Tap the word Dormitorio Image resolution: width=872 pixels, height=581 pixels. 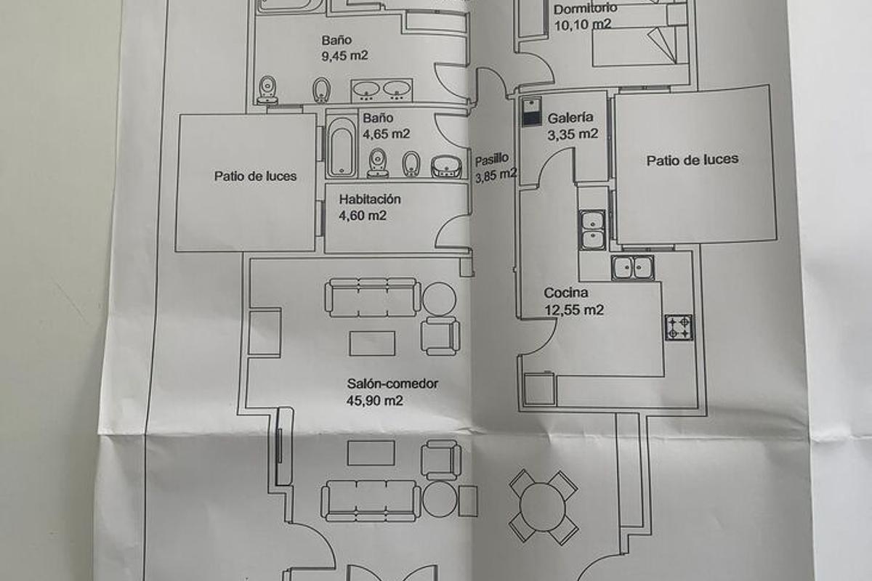coord(586,9)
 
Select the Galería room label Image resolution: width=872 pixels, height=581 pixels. coord(571,118)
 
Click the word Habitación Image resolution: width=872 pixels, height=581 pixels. coord(369,199)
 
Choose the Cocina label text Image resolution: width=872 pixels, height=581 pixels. coord(566,293)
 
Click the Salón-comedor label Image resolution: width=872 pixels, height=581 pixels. coord(392,383)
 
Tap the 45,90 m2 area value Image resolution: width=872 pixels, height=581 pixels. coord(376,400)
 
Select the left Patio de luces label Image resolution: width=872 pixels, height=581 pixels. coord(255,176)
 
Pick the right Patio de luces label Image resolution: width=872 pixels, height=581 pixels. coord(692,160)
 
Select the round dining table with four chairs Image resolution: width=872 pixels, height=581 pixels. coord(544,505)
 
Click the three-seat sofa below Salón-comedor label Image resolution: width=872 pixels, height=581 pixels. coord(371,500)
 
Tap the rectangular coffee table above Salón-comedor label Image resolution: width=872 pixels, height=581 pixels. coord(372,344)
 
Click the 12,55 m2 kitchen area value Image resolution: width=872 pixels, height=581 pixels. coord(574,310)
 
